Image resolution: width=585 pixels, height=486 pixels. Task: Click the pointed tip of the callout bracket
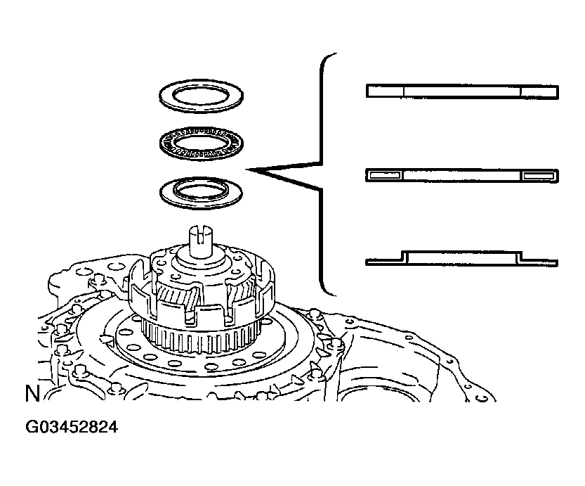tap(247, 170)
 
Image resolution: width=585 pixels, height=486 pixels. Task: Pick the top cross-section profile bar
tap(462, 91)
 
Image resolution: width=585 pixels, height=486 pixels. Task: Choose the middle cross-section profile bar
tap(462, 175)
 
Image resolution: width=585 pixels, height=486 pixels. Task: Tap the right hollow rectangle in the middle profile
tap(539, 175)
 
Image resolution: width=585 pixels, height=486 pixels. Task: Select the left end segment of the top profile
tap(386, 91)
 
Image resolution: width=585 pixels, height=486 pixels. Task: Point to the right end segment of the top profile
tap(539, 91)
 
